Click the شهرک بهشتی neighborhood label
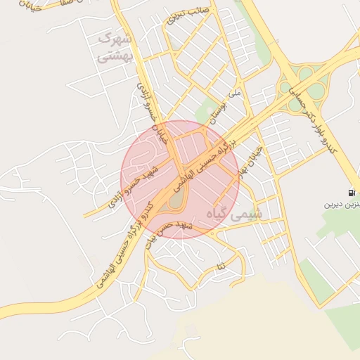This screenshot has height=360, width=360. click(117, 46)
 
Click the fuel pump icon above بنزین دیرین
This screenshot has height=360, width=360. click(350, 192)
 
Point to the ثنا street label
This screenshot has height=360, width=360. click(222, 266)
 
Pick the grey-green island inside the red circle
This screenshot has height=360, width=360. click(174, 201)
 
